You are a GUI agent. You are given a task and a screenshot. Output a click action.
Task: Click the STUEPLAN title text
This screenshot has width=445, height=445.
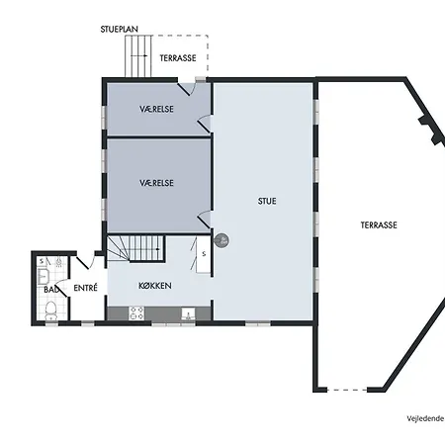[120, 29]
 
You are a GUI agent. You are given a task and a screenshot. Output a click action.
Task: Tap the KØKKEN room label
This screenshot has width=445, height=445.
[155, 286]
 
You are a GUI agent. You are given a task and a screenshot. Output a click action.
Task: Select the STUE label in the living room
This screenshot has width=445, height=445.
[267, 201]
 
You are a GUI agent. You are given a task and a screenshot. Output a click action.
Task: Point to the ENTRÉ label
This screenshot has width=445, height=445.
[85, 288]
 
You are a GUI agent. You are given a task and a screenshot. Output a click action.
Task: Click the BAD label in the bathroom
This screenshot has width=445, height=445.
[51, 290]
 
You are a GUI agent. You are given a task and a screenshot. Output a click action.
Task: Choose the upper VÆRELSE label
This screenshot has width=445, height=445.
[156, 109]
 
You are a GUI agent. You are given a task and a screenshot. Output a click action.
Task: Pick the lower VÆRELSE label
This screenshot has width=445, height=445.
[156, 183]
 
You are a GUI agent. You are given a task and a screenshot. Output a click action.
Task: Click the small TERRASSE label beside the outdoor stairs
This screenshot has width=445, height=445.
[178, 58]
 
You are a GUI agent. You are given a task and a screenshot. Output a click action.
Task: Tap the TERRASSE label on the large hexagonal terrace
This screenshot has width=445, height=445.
[379, 225]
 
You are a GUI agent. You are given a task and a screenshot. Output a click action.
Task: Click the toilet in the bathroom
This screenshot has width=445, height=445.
[50, 311]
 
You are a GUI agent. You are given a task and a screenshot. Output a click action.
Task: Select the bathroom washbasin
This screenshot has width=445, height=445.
[44, 277]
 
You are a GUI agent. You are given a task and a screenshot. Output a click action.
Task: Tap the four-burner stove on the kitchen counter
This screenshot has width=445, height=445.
[136, 313]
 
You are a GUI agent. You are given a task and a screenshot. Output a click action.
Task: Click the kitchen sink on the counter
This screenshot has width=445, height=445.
[188, 314]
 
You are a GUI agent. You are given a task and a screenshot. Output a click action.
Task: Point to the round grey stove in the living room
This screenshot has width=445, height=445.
[222, 240]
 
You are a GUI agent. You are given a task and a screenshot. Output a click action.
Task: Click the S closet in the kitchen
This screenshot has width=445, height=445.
[204, 254]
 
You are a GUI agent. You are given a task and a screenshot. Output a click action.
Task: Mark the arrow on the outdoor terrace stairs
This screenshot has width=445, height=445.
[138, 56]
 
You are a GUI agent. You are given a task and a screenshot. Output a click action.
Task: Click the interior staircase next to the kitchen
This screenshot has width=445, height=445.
[135, 248]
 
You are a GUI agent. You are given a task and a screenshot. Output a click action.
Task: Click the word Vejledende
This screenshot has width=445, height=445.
[425, 418]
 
